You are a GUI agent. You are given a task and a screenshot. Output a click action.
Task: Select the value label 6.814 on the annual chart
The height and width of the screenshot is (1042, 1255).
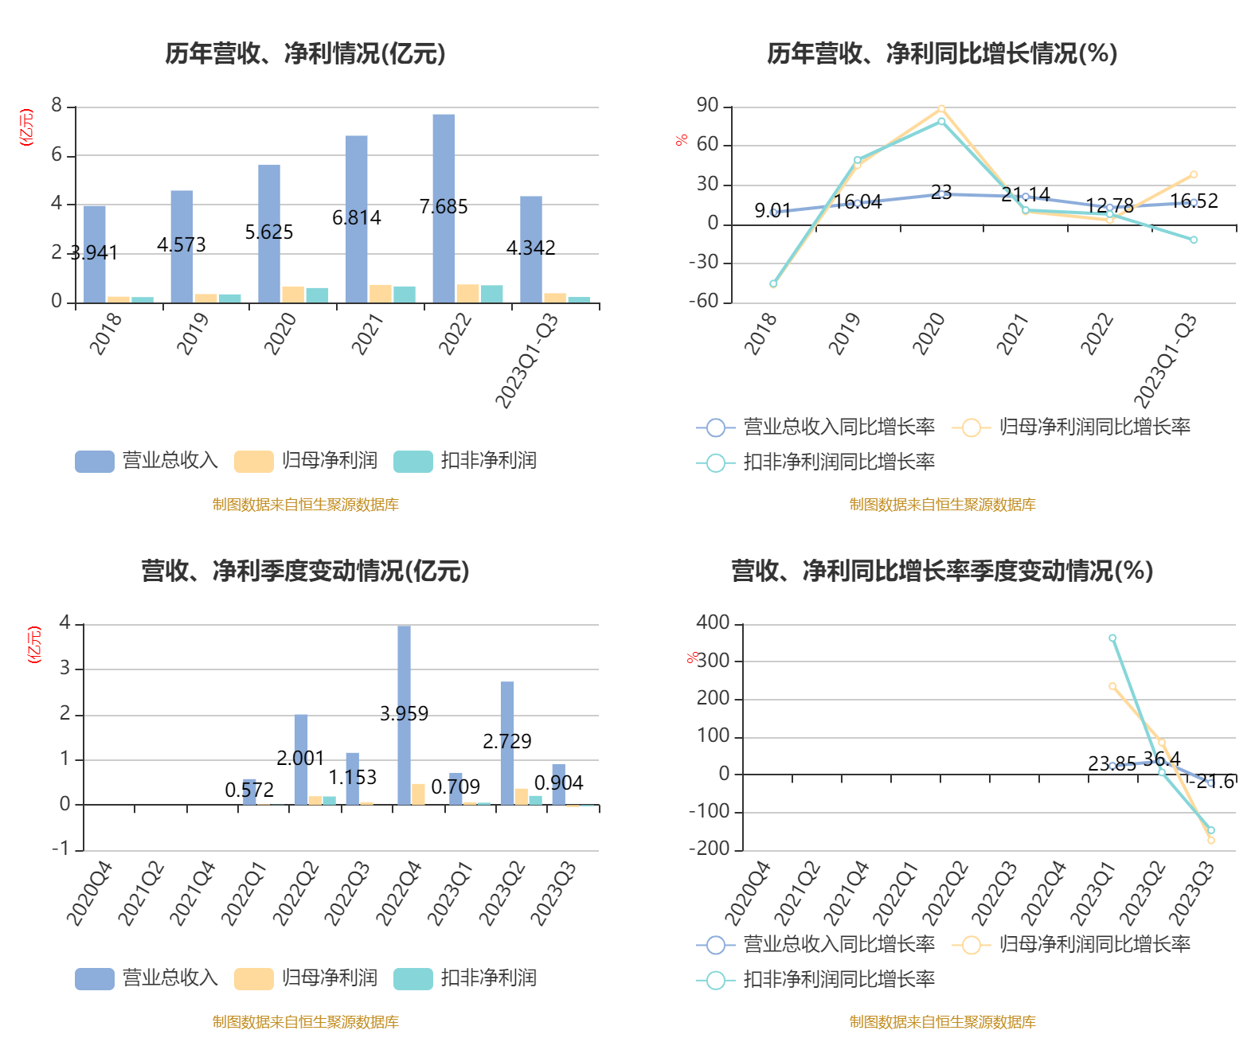[357, 218]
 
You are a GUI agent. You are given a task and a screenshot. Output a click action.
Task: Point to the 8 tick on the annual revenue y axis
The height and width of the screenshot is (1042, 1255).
[57, 105]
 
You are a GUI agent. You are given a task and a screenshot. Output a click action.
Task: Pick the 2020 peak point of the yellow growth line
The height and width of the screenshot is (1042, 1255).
[941, 109]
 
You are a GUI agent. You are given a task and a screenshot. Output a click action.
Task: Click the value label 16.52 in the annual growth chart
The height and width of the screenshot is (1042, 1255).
[1194, 201]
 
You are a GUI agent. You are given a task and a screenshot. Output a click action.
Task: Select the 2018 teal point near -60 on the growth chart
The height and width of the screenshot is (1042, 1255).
[773, 283]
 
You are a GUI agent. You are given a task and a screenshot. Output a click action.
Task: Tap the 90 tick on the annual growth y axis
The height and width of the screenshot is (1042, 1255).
[707, 105]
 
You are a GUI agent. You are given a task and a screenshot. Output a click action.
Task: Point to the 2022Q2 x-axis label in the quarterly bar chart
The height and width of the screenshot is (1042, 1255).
[296, 893]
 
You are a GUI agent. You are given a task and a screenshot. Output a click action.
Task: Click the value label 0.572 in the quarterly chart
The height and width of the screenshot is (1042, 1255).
[249, 790]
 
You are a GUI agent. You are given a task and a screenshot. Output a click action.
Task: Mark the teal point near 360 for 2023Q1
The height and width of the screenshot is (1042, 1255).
[1112, 638]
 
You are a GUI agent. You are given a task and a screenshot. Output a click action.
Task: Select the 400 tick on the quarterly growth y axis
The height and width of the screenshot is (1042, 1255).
[713, 622]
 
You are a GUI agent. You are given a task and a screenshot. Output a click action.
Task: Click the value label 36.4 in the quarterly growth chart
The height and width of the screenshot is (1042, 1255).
[1162, 759]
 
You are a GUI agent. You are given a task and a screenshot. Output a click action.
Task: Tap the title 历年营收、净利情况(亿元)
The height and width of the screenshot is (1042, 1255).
[305, 53]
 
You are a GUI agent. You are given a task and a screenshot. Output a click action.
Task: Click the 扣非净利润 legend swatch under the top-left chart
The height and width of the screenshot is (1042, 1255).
[412, 461]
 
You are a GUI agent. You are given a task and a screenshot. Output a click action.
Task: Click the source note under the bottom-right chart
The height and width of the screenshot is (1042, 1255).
[942, 1022]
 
